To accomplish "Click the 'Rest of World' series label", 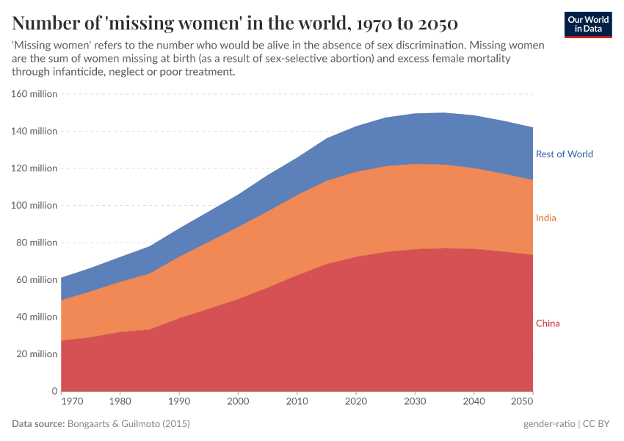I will click(564, 154).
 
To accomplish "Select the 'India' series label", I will click(545, 218).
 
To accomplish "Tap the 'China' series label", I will click(548, 323).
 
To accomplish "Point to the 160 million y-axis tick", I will click(34, 94).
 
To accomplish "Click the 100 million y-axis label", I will click(34, 205).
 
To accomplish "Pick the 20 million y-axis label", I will click(36, 354).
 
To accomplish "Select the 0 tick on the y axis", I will click(54, 391).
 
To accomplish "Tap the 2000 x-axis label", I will click(238, 403).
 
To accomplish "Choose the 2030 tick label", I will click(415, 403).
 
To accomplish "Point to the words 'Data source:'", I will click(38, 424).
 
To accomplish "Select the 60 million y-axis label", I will click(36, 279).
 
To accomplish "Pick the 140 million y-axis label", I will click(34, 131).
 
